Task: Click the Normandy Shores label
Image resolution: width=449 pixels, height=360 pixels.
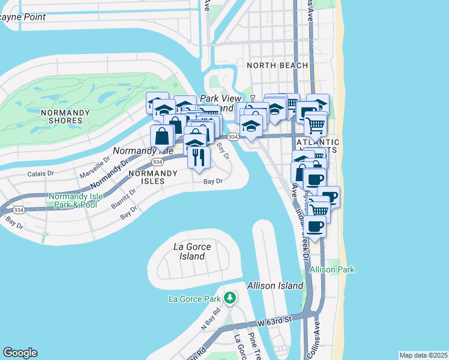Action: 61,116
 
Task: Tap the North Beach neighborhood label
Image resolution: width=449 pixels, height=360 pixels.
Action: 277,65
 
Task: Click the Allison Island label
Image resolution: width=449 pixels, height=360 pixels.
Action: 275,286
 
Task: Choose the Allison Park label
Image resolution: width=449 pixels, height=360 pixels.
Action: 332,270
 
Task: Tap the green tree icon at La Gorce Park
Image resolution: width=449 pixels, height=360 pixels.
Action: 229,297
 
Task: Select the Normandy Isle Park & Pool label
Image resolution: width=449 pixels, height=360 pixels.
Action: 73,200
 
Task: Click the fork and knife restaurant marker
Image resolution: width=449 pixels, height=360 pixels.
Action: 199,157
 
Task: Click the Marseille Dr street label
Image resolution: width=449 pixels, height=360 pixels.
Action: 94,167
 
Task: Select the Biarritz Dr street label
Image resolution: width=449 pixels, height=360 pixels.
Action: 124,198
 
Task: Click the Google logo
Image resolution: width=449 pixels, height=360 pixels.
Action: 20,353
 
